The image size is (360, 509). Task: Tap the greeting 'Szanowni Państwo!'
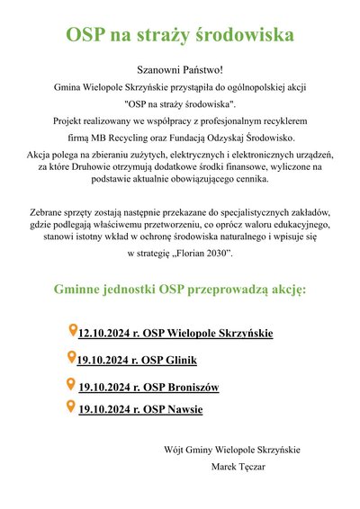point(180,69)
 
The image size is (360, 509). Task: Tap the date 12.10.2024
point(106,335)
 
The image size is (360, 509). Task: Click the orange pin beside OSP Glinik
point(73,358)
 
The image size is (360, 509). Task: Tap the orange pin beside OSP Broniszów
point(72,385)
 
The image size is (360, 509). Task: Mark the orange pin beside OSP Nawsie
point(72,407)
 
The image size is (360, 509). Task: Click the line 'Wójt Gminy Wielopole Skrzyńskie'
point(232,450)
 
